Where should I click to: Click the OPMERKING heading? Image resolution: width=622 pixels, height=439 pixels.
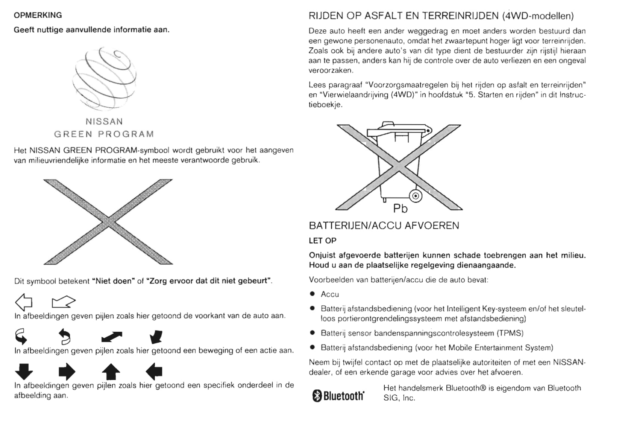coord(38,15)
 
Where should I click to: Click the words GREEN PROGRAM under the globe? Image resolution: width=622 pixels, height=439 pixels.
coord(104,134)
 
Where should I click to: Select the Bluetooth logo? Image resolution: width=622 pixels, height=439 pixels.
coord(338,396)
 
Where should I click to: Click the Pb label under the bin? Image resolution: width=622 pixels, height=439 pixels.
coord(400,209)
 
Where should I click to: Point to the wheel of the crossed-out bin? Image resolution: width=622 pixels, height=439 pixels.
coord(416,196)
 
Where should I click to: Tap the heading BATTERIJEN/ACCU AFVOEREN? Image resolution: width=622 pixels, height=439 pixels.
coord(384,226)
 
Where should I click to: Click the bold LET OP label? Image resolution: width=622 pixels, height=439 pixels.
coord(322,241)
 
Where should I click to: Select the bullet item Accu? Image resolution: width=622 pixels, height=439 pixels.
coord(330,294)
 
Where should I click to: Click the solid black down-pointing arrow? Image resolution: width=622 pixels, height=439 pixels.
coord(24,372)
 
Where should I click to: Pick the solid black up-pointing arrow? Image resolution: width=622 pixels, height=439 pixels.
coord(111,372)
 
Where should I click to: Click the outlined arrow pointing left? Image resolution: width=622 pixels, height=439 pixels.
coord(23,302)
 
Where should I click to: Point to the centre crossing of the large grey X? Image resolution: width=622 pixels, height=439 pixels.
coord(108,222)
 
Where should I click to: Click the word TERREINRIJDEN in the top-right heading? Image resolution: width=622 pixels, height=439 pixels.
coord(460,16)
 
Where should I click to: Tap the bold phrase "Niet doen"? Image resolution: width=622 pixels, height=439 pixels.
coord(114,281)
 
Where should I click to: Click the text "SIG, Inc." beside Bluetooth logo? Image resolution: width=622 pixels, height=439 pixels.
coord(399,398)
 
